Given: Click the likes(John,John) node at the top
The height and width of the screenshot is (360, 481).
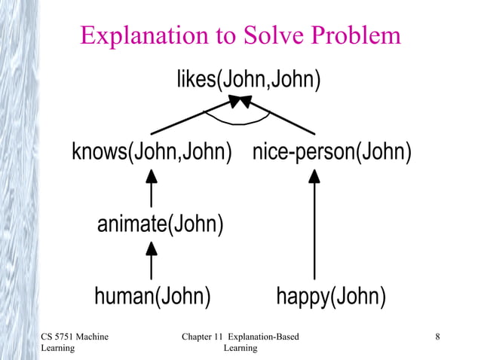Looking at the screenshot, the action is click(x=248, y=78).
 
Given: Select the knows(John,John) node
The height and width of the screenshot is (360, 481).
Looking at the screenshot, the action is click(x=152, y=152).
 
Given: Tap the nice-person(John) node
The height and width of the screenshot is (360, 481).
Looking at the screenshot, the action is click(x=332, y=152).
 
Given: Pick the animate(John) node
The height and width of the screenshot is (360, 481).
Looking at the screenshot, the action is click(x=160, y=224).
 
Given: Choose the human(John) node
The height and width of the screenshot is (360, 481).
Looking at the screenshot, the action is click(x=152, y=297).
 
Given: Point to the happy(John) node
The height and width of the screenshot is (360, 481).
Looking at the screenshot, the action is click(x=331, y=297).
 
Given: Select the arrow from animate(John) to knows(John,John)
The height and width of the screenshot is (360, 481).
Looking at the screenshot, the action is click(x=152, y=188).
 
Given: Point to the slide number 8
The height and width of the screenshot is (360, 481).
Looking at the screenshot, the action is click(x=437, y=336).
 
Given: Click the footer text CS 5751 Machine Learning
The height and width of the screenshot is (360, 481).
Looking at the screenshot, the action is click(x=75, y=342).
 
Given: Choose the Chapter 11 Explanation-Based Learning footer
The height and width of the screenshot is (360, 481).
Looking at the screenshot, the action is click(x=240, y=342).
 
